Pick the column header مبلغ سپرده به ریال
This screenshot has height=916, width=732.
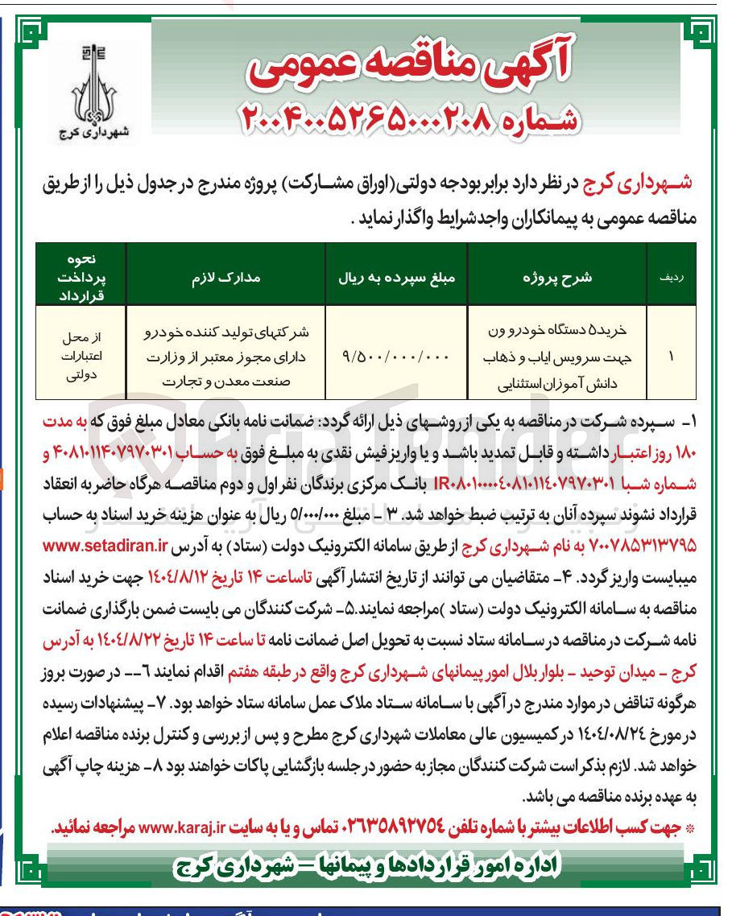397,278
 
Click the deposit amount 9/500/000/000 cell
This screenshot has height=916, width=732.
397,355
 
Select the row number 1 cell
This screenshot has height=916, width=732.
671,355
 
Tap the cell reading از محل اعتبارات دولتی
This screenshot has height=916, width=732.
81,355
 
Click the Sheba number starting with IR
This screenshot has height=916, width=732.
541,483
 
